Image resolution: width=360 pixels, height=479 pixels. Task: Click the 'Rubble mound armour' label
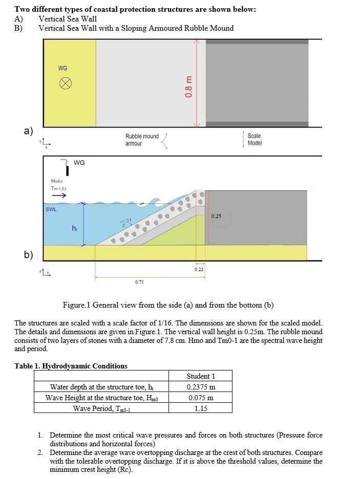point(142,140)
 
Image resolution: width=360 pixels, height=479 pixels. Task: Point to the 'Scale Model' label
point(255,139)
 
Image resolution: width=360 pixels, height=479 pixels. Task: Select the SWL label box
point(51,209)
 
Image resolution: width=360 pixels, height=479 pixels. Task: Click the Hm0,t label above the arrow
point(57,181)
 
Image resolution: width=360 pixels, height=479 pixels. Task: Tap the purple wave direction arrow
point(58,195)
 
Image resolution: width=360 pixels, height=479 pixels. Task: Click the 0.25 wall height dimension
point(216,215)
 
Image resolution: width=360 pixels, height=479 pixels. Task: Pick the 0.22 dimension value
point(199,269)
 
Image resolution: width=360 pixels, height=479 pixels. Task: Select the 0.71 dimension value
point(139,282)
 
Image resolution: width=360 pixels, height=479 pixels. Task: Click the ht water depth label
point(75,228)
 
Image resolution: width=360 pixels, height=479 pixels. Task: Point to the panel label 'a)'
point(29,130)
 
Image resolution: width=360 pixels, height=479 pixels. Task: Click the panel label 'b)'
point(29,254)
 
